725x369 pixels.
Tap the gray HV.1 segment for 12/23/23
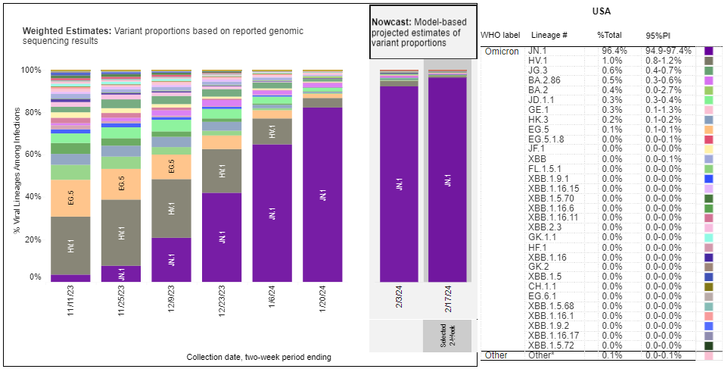(222, 171)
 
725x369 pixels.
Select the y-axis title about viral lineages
(16, 174)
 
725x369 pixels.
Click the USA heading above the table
(602, 12)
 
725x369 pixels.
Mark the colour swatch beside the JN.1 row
(709, 51)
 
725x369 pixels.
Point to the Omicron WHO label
(501, 51)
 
